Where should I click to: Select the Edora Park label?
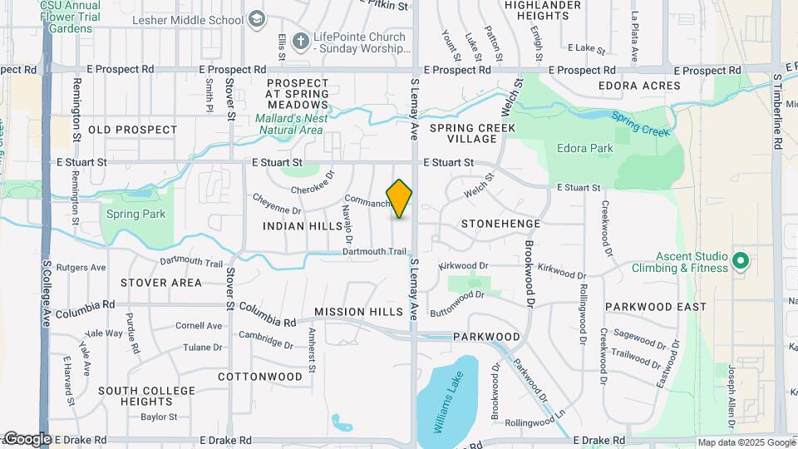[x=584, y=149]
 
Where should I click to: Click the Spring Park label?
[x=135, y=214]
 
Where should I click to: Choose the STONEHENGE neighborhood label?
[x=500, y=224]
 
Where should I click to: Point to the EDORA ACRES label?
[x=639, y=86]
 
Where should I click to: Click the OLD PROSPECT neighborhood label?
[x=133, y=130]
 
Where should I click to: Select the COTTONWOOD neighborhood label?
[x=260, y=377]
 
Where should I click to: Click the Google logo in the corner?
[x=27, y=438]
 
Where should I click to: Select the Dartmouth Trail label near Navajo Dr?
[x=377, y=251]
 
